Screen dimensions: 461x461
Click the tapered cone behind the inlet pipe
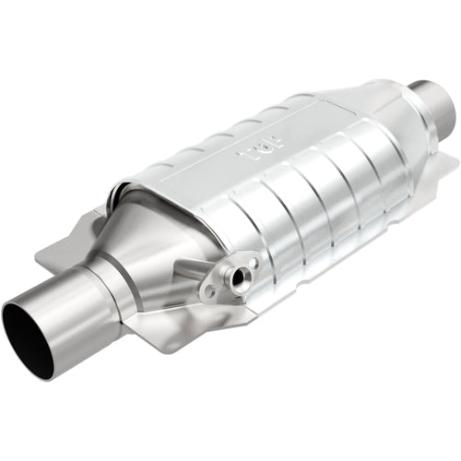coord(166,240)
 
